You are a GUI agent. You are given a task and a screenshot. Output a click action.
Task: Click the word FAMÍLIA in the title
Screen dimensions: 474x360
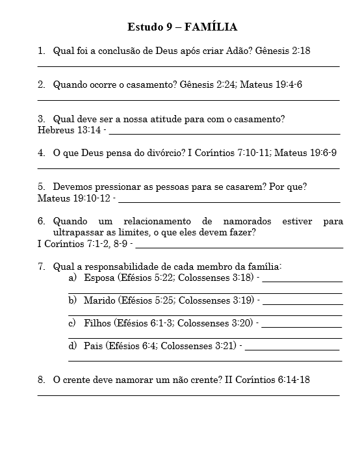coord(211,27)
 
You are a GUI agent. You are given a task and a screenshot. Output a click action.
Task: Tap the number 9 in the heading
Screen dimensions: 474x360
coord(168,27)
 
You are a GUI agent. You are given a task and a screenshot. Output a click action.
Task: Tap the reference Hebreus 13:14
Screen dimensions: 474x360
coord(69,130)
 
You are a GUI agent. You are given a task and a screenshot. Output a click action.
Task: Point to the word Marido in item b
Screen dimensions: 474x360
coord(100,300)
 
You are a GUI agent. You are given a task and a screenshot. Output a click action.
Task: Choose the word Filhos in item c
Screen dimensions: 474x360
coord(97,323)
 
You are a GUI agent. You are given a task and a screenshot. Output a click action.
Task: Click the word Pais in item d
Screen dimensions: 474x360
coord(93,346)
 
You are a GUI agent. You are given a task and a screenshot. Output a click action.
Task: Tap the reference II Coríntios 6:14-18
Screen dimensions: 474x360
coord(267,380)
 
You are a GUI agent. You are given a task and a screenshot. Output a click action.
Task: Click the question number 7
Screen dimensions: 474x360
coord(41,267)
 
